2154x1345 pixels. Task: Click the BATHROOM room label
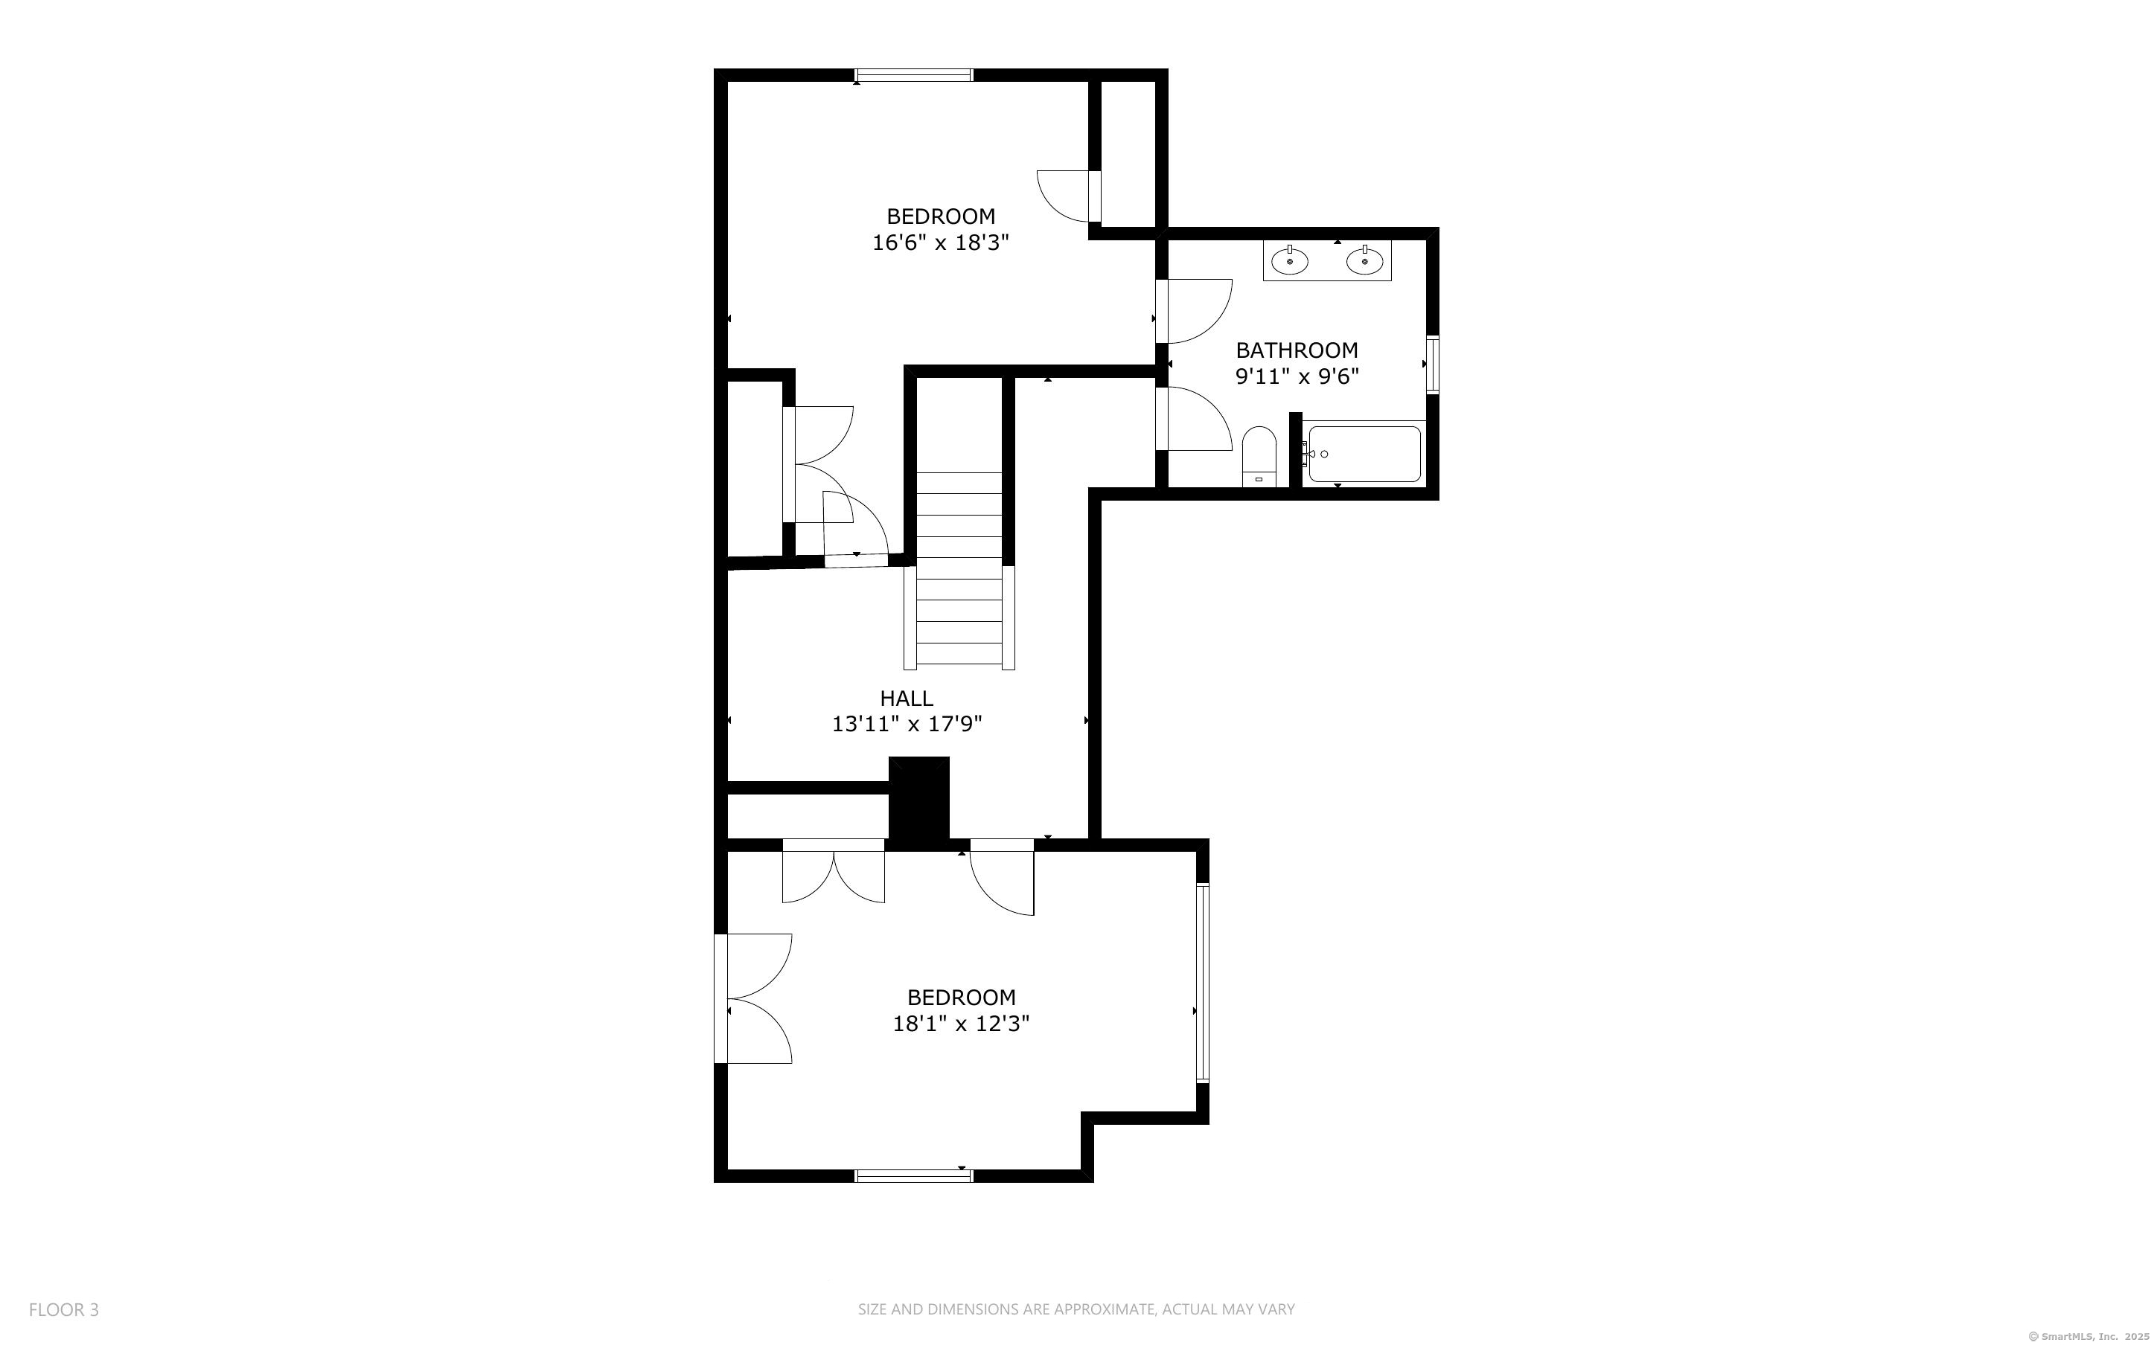point(1297,350)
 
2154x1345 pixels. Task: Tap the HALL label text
point(907,699)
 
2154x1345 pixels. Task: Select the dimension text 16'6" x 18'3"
point(941,243)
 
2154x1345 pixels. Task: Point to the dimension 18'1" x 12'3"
point(961,1024)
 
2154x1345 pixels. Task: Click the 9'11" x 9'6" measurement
point(1297,376)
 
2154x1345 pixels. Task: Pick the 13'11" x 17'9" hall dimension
point(907,724)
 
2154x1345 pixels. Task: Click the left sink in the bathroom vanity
point(1289,260)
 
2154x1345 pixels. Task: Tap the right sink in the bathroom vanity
point(1364,260)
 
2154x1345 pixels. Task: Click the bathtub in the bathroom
point(1363,454)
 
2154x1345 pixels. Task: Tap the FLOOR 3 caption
point(64,1309)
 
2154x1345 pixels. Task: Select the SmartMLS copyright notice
point(2089,1336)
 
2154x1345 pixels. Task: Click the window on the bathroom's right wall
point(1433,364)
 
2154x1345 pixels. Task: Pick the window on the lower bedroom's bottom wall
point(914,1176)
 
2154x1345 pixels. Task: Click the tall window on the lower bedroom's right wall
point(1203,982)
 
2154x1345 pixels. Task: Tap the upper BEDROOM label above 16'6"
point(941,216)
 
